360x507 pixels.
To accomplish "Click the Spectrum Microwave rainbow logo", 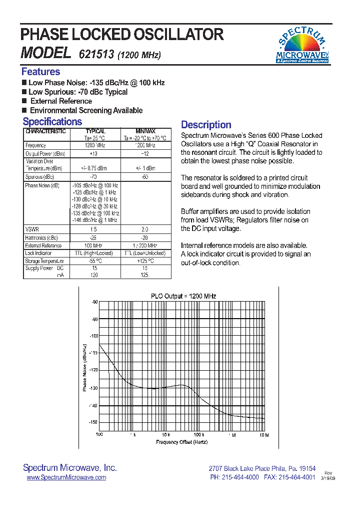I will click(x=302, y=45).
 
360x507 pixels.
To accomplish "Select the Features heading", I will click(x=40, y=72).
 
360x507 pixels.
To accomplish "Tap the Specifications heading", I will click(x=52, y=122).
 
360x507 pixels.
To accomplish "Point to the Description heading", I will click(x=206, y=125).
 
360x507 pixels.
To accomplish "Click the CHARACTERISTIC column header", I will click(x=45, y=131).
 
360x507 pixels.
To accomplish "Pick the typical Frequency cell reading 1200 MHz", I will click(x=94, y=145).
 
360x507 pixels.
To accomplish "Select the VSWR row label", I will click(x=31, y=228).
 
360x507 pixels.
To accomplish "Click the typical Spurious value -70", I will click(x=94, y=177).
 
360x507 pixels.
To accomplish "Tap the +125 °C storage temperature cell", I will click(x=145, y=261).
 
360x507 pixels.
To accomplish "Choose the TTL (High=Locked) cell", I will click(x=94, y=253).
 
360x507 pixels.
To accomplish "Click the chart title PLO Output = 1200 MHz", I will click(x=183, y=296).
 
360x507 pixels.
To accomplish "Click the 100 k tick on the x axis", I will click(x=199, y=435).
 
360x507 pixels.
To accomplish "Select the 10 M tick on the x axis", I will click(x=264, y=435).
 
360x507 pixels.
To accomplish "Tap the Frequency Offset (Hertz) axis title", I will click(x=181, y=442).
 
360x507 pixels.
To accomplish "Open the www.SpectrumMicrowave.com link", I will click(x=66, y=477).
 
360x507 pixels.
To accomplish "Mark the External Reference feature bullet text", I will click(x=61, y=101).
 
